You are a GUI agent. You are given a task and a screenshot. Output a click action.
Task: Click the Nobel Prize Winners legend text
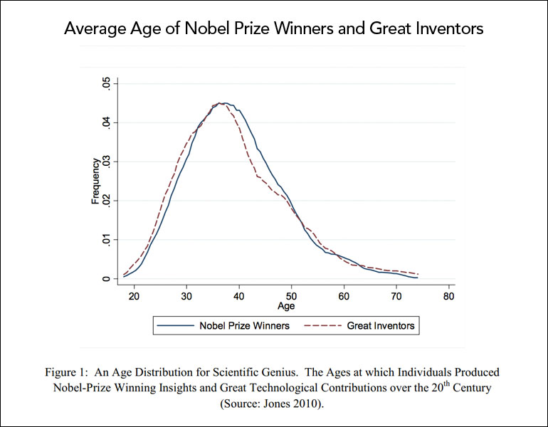pos(243,326)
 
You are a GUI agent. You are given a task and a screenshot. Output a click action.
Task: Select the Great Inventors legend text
pos(381,326)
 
